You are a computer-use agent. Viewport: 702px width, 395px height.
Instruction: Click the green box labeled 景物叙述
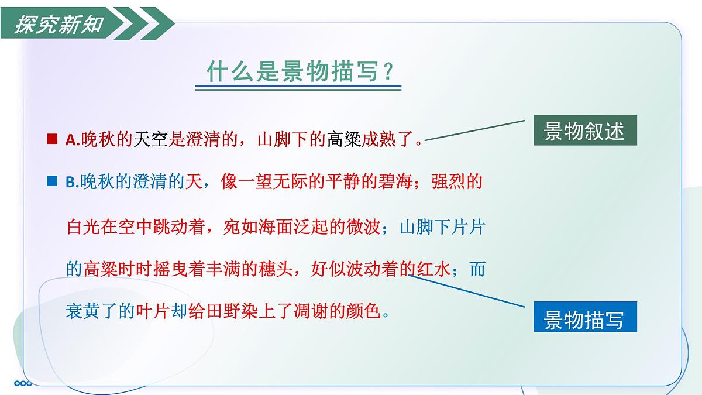584,131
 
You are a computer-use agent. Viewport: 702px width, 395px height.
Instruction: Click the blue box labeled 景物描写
584,319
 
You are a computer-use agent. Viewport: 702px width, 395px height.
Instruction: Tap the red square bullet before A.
51,139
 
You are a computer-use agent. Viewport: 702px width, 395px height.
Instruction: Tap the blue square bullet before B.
51,182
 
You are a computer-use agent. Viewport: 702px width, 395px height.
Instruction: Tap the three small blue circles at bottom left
23,383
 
